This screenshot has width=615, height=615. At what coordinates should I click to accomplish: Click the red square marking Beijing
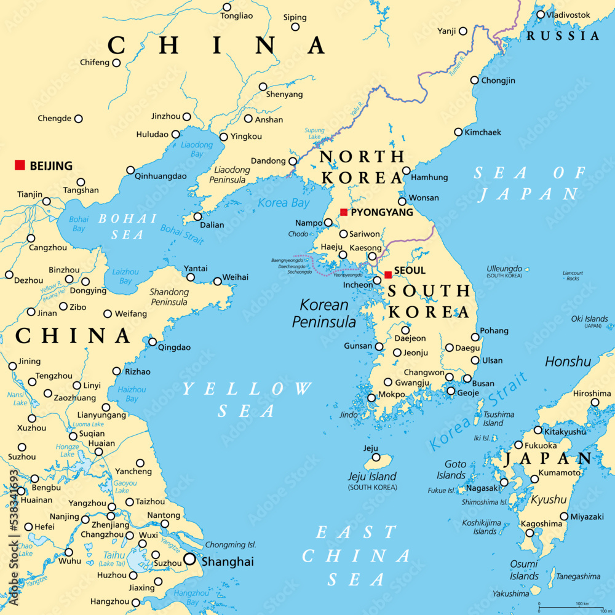tap(20, 165)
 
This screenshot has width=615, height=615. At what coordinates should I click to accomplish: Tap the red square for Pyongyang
tap(344, 212)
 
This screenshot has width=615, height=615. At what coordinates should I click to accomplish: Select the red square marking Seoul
tap(388, 275)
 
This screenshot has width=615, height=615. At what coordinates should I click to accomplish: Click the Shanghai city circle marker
tap(189, 560)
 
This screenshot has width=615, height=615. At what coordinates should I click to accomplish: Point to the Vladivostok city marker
tap(541, 15)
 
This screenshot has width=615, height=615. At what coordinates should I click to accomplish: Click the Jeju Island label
tap(373, 477)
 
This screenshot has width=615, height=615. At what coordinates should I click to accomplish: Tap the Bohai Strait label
tap(182, 234)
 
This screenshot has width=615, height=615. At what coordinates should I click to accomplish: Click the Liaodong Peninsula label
tap(232, 175)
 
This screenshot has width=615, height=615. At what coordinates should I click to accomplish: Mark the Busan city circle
tap(467, 379)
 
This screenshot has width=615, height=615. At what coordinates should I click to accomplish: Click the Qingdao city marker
tap(153, 342)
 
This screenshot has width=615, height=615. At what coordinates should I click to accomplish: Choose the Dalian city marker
tap(198, 216)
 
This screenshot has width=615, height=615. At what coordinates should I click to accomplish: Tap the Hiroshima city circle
tap(595, 403)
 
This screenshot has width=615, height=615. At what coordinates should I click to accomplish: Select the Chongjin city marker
tap(474, 80)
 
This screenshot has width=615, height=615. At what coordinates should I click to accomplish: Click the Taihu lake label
tap(115, 554)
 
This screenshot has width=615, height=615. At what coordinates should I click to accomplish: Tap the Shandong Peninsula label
tap(169, 297)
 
